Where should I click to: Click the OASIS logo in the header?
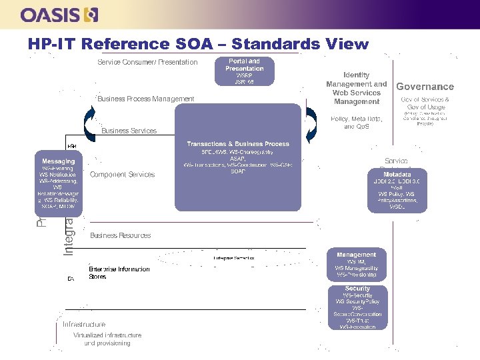pyautogui.click(x=59, y=15)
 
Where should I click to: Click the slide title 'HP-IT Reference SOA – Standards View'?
pyautogui.click(x=198, y=44)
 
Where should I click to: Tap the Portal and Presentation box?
pyautogui.click(x=244, y=71)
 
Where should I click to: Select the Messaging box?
pyautogui.click(x=59, y=184)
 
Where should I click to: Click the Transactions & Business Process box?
pyautogui.click(x=238, y=157)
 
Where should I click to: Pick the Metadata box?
pyautogui.click(x=396, y=191)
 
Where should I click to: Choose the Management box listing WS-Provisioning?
pyautogui.click(x=356, y=264)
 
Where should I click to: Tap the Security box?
pyautogui.click(x=357, y=307)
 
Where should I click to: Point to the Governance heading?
pyautogui.click(x=425, y=87)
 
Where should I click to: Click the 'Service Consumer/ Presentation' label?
pyautogui.click(x=147, y=62)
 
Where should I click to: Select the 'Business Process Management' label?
pyautogui.click(x=146, y=99)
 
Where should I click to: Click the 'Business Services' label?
pyautogui.click(x=129, y=131)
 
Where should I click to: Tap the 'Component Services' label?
pyautogui.click(x=122, y=175)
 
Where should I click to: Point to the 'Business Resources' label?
pyautogui.click(x=120, y=235)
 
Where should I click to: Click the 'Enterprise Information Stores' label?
pyautogui.click(x=119, y=273)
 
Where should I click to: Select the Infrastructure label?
pyautogui.click(x=84, y=325)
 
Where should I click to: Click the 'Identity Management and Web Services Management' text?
pyautogui.click(x=356, y=89)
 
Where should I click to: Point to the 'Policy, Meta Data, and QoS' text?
pyautogui.click(x=356, y=122)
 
